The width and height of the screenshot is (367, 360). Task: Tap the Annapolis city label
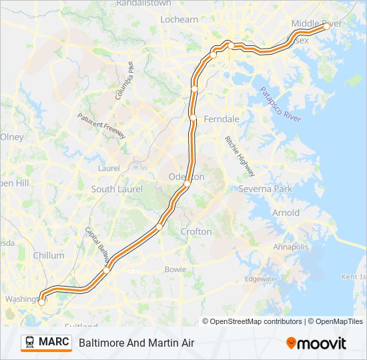(291, 247)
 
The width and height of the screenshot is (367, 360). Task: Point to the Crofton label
(196, 232)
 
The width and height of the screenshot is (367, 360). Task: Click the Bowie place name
(175, 269)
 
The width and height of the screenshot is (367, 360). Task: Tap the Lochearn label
(179, 19)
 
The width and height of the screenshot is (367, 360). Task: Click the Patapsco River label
(280, 104)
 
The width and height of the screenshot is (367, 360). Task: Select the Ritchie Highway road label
(240, 156)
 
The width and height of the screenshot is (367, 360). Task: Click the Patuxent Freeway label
(101, 125)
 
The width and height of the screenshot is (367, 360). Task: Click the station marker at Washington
(41, 302)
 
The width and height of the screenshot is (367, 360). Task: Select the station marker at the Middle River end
(325, 27)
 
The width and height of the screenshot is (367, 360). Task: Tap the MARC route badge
(46, 343)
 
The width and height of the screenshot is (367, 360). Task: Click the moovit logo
(316, 343)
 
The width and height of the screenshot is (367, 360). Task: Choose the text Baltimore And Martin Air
(136, 343)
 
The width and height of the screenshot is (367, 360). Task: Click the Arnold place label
(286, 213)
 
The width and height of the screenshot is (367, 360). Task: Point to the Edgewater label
(262, 279)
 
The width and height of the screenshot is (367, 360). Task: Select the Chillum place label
(49, 255)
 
